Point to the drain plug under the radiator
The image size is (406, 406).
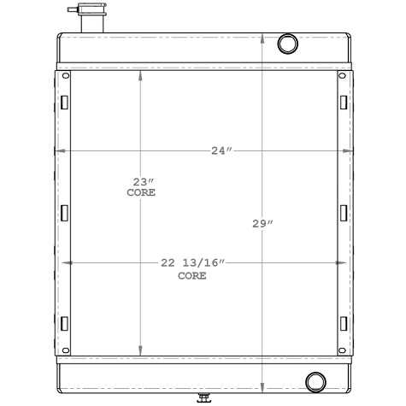tap(203, 396)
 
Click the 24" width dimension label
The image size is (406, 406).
tap(221, 151)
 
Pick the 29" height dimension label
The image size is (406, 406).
tap(262, 224)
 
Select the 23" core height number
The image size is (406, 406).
tap(142, 181)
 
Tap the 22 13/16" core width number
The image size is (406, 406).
tap(192, 263)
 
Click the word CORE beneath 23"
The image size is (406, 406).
tap(141, 194)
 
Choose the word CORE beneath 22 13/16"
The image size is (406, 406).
tap(192, 276)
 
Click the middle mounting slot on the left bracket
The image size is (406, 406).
tap(63, 212)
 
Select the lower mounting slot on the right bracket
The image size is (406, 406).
tap(343, 322)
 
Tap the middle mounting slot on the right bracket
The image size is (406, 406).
tap(343, 212)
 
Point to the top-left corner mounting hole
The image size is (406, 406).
tap(62, 75)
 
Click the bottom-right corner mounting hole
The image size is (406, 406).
tap(343, 348)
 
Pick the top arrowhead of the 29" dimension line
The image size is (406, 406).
tap(262, 38)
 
